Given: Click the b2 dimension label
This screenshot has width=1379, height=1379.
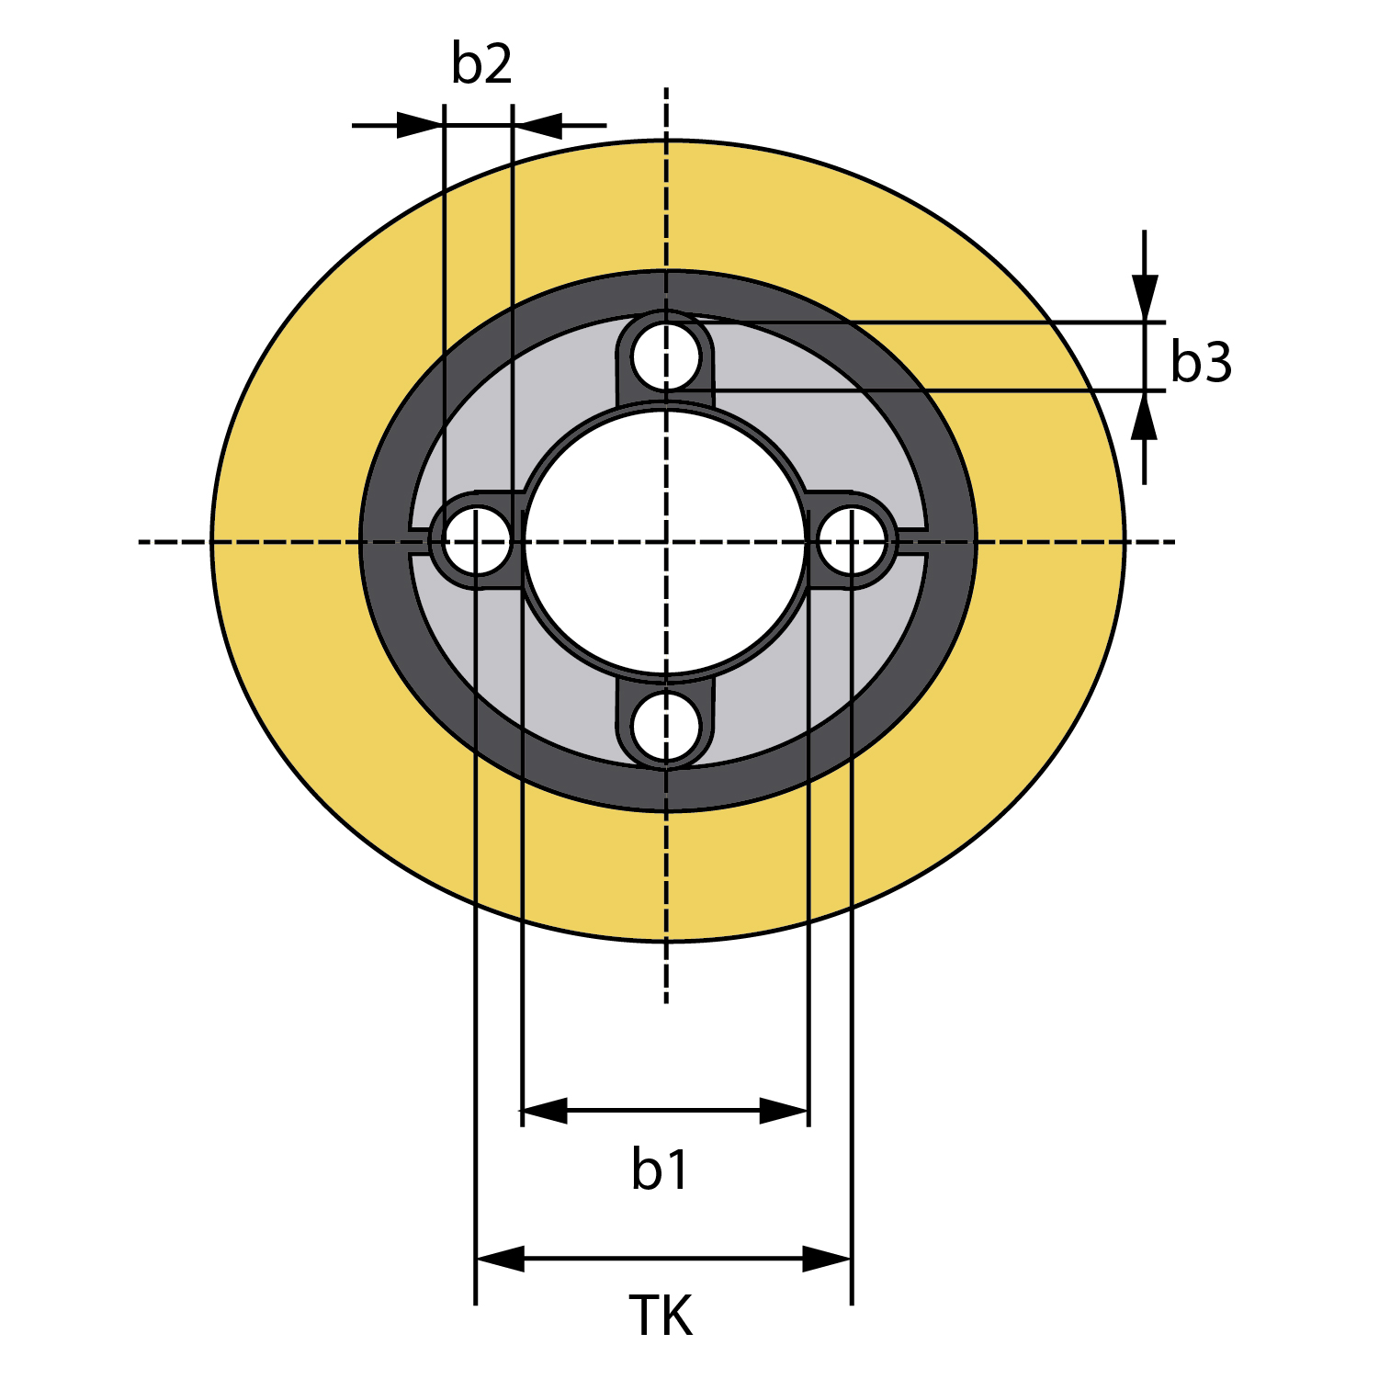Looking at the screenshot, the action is [481, 63].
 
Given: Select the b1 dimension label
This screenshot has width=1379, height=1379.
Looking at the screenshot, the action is [660, 1170].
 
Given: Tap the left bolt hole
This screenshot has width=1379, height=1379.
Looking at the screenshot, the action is [476, 540].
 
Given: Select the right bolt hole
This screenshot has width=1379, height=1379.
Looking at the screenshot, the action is [853, 541].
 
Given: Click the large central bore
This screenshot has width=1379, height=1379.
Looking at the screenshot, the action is [666, 541].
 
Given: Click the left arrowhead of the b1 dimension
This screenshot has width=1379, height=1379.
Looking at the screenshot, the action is [544, 1111].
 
